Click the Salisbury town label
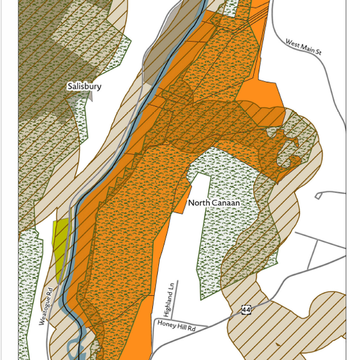[84, 86]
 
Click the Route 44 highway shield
[246, 310]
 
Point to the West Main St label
[304, 48]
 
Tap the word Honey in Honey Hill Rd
[167, 323]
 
